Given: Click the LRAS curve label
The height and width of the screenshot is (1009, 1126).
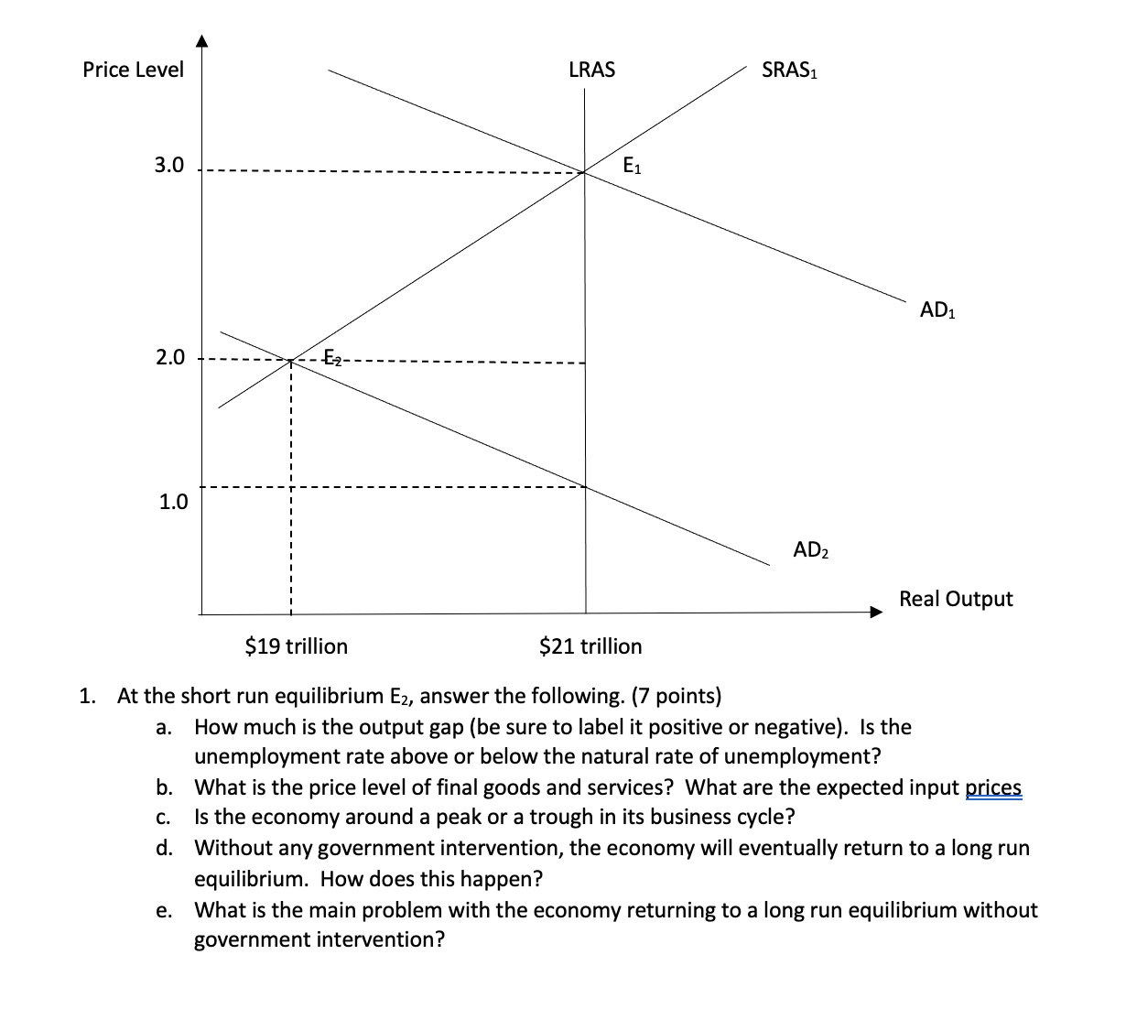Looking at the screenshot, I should pyautogui.click(x=591, y=70).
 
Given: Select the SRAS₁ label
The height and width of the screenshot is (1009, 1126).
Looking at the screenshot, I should pyautogui.click(x=789, y=71).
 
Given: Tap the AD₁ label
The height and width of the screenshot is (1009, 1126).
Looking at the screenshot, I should pyautogui.click(x=937, y=310).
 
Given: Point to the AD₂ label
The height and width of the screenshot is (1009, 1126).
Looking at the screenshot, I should pyautogui.click(x=810, y=550).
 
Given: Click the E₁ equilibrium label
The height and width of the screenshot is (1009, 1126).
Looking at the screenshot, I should pyautogui.click(x=632, y=167).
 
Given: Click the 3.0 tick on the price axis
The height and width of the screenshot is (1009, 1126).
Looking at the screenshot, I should pyautogui.click(x=168, y=166).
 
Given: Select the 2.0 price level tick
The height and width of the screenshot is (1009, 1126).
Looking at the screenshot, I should pyautogui.click(x=168, y=357).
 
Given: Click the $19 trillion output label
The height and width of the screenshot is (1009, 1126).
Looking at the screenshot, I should pyautogui.click(x=297, y=646).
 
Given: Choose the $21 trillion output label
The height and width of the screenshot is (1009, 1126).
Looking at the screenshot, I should pyautogui.click(x=590, y=646).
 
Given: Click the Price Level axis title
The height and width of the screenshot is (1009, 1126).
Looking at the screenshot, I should pyautogui.click(x=133, y=70).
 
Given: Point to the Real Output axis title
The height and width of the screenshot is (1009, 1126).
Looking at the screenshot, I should pyautogui.click(x=956, y=599).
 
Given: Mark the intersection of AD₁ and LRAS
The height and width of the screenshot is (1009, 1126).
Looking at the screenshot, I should pyautogui.click(x=585, y=171).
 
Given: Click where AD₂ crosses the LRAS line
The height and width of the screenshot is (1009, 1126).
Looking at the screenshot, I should pyautogui.click(x=585, y=485).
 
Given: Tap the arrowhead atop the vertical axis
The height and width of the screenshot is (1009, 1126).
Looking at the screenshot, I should pyautogui.click(x=202, y=41).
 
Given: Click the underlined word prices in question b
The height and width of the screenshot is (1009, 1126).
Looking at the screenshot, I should pyautogui.click(x=993, y=787).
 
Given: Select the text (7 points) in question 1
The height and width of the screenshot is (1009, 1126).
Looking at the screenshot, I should pyautogui.click(x=677, y=696).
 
